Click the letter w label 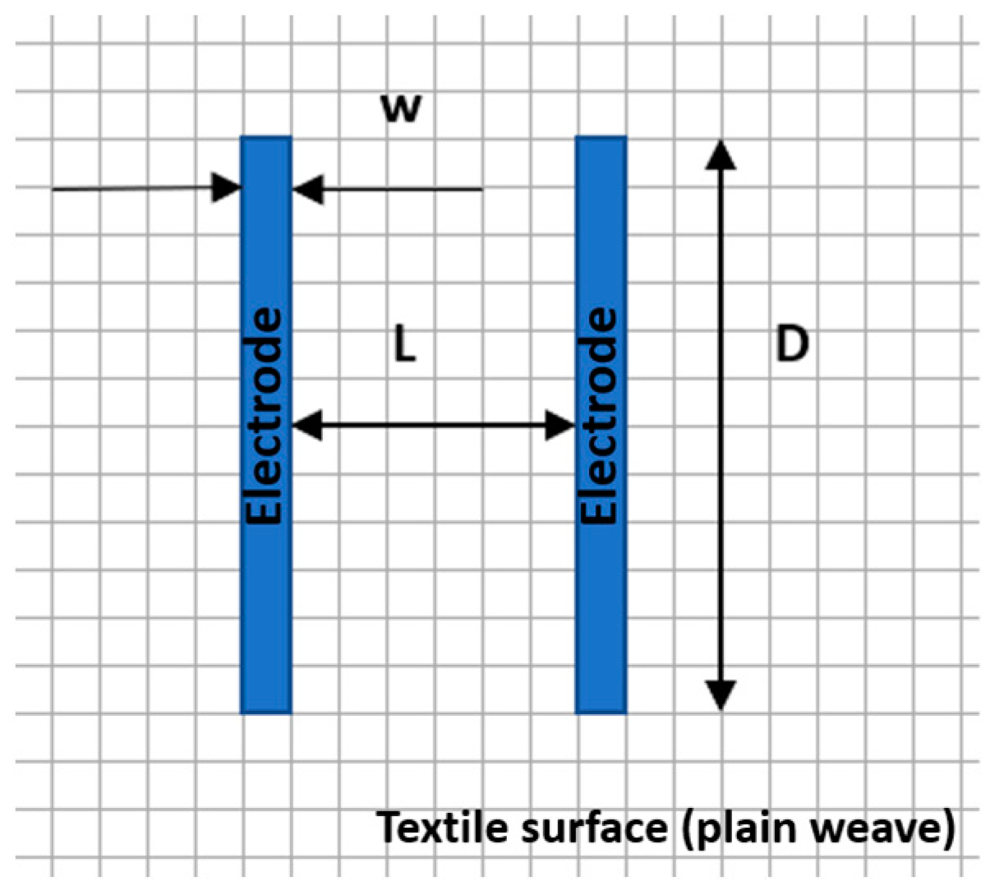[x=402, y=109]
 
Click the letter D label [x=792, y=344]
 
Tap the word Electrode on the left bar [x=265, y=416]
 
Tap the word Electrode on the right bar [x=600, y=416]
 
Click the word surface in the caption [x=594, y=828]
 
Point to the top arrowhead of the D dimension [x=721, y=154]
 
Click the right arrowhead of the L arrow [x=560, y=426]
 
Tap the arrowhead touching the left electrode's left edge [x=226, y=188]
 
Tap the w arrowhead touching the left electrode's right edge [x=307, y=189]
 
